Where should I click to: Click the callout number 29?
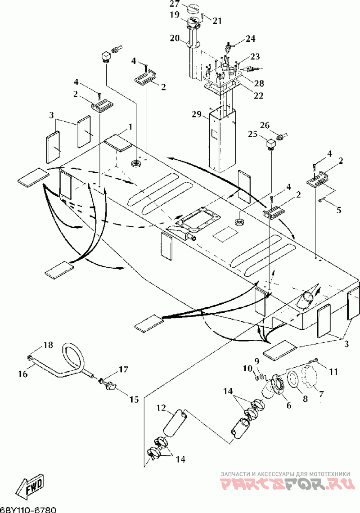coord(198,114)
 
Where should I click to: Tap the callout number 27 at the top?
coord(175,4)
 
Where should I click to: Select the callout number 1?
coord(130,127)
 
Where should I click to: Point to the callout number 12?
coord(162,408)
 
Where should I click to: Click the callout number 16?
coord(23,373)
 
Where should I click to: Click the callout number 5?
coord(339,209)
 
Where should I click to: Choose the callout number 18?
coord(48,345)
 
